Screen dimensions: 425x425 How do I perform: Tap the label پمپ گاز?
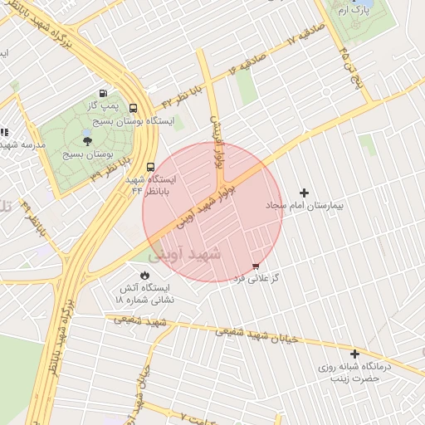[x=102, y=106]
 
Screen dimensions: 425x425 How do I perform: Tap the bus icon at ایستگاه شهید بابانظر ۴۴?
[x=150, y=166]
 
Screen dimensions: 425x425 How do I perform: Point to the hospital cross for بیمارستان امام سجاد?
[x=304, y=193]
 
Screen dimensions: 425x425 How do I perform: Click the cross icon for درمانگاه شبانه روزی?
[x=355, y=354]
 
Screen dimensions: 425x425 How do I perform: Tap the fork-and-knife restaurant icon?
[x=3, y=132]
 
